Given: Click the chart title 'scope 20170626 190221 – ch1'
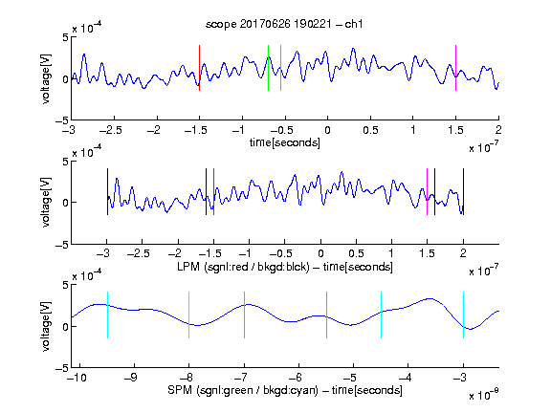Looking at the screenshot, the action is click(x=284, y=24).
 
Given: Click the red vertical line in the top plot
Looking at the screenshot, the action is click(x=199, y=68).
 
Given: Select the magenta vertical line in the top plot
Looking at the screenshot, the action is click(x=455, y=68).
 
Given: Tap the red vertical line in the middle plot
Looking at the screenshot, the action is click(x=213, y=192).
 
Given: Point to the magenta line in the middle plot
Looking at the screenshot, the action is click(x=427, y=192).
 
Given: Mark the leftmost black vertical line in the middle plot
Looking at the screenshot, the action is click(x=107, y=192).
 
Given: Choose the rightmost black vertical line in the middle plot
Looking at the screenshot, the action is click(x=463, y=192).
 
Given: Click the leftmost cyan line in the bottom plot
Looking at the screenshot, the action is click(x=107, y=315).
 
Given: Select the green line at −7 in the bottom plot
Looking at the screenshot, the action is click(x=244, y=315).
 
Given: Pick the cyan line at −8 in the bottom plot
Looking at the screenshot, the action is click(x=189, y=315).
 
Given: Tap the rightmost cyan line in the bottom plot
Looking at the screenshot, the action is click(x=463, y=315).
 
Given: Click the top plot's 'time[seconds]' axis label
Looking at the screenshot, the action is click(x=285, y=142).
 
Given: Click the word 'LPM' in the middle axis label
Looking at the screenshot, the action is click(x=188, y=267).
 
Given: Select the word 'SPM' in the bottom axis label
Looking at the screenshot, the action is click(x=180, y=390).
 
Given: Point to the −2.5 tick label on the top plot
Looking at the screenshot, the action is click(x=110, y=130).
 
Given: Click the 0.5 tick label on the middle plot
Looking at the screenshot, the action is click(x=356, y=253).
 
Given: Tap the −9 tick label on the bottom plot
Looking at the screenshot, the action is click(x=130, y=378).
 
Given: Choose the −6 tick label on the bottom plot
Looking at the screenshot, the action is click(x=295, y=378).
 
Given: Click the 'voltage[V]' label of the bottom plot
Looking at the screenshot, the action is click(x=46, y=326).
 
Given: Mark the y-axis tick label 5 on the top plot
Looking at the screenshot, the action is click(x=66, y=37).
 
